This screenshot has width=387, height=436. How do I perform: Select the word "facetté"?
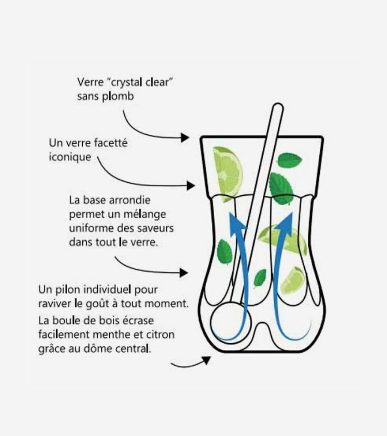pyautogui.click(x=111, y=142)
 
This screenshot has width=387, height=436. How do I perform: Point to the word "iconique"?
pyautogui.click(x=70, y=157)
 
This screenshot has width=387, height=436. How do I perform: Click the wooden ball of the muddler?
pyautogui.click(x=231, y=322)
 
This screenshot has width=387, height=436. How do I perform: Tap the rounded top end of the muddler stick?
pyautogui.click(x=278, y=108)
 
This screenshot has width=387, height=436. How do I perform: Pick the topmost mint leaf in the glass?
pyautogui.click(x=290, y=160)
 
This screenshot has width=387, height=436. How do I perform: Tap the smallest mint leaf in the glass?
pyautogui.click(x=260, y=278)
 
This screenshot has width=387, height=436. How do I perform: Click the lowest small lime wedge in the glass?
pyautogui.click(x=293, y=280)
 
